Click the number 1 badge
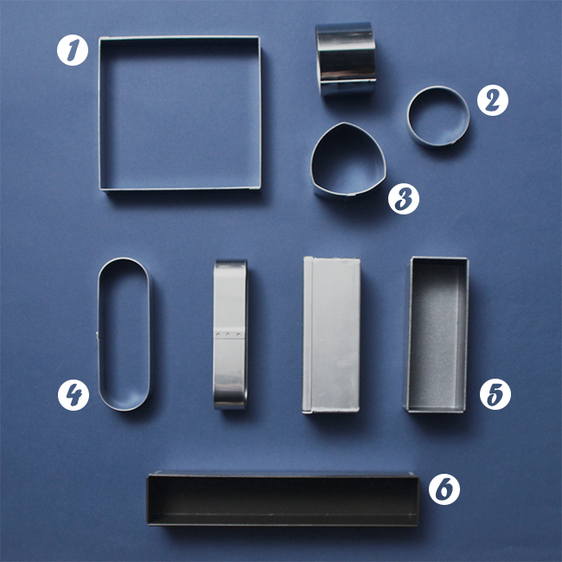click(x=73, y=50)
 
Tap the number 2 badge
click(x=493, y=100)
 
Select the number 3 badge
click(x=404, y=199)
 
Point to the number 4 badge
click(x=73, y=395)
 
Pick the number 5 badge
click(x=495, y=394)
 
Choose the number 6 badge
click(x=444, y=489)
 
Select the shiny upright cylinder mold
click(x=346, y=59)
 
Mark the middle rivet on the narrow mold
click(x=228, y=335)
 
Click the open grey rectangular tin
click(x=437, y=335)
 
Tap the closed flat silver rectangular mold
click(x=331, y=335)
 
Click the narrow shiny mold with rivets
click(x=230, y=334)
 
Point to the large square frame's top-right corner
click(x=259, y=37)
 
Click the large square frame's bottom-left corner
click(x=100, y=188)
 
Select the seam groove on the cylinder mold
click(x=348, y=80)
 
